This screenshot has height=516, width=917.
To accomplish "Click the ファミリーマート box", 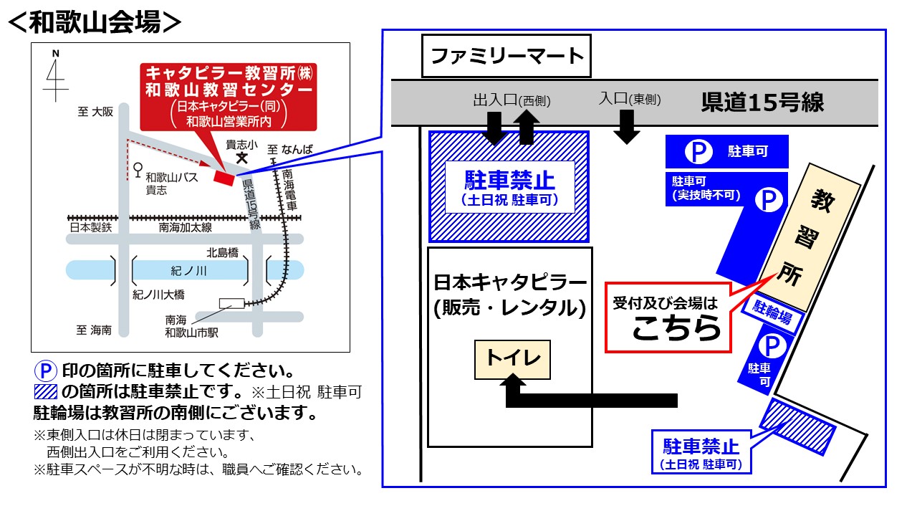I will point(506,56).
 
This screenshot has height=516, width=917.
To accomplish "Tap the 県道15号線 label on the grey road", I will point(762,102).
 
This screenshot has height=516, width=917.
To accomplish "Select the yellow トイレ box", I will point(513,359).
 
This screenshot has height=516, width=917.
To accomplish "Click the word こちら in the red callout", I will point(676,328).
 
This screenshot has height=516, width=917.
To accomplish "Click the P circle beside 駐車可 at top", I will point(695,151).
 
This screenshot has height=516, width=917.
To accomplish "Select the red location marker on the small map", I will point(224,177).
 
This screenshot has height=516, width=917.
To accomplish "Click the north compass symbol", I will point(54,79).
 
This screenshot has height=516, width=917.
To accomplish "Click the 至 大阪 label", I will point(96,113).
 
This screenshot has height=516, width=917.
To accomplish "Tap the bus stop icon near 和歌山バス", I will point(136,170).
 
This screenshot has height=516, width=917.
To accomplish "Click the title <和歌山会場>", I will point(94,21).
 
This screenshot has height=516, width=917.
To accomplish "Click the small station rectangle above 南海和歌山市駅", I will point(231,303).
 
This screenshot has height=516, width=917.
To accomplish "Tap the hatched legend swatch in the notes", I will point(45,392).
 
